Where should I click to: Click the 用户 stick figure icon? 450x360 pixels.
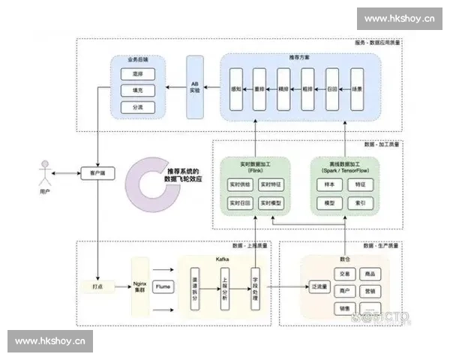pyautogui.click(x=46, y=173)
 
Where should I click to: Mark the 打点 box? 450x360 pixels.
pyautogui.click(x=97, y=286)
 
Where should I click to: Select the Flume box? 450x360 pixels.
pyautogui.click(x=163, y=286)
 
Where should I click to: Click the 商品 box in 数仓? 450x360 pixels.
pyautogui.click(x=370, y=274)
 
